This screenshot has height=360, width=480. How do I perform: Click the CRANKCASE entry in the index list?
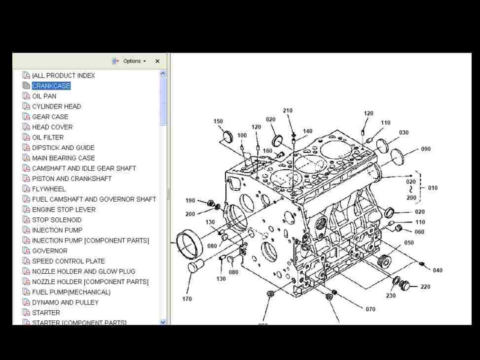[51, 86]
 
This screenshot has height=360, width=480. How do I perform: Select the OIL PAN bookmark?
[44, 96]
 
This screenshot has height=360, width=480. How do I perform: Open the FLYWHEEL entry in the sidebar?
[49, 189]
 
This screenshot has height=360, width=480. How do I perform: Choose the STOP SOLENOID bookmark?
[57, 220]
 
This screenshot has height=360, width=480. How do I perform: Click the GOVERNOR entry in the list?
[50, 251]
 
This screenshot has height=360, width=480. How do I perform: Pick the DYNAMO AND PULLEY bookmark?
[65, 302]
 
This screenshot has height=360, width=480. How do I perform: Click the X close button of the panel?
[157, 61]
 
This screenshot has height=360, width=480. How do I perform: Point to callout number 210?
[288, 111]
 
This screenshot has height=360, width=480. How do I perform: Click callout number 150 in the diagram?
[218, 122]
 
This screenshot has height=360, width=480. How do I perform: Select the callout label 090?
[426, 149]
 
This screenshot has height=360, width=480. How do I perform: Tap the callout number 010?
[433, 188]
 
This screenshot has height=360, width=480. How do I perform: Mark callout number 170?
[187, 299]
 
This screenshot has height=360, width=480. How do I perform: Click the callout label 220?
[425, 287]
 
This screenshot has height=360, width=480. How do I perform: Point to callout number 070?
[370, 309]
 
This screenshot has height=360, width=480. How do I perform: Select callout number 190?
[190, 201]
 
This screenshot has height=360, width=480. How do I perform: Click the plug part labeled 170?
[195, 266]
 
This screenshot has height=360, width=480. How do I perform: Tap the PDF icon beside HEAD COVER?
[27, 127]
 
